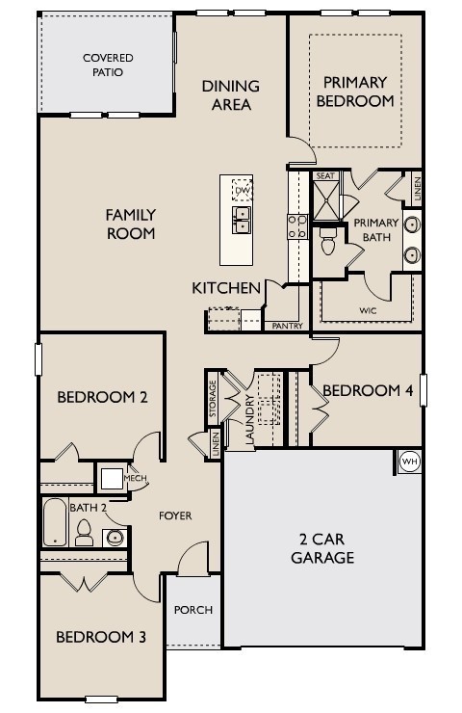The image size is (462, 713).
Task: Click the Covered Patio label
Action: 107,65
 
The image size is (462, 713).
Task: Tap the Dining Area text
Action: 230,94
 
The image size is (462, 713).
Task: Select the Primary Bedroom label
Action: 358,91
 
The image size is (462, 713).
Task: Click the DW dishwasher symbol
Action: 242,192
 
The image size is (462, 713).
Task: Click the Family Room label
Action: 131,224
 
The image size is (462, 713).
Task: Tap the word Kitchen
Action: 226,287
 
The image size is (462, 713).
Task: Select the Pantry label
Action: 288,327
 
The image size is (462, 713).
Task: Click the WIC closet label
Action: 368,310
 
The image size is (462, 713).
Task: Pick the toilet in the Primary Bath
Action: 326,242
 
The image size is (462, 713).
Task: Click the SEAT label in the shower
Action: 325,176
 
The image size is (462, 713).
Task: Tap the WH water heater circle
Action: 409,462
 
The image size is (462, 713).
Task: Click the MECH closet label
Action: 134,477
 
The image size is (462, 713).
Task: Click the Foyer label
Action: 175,516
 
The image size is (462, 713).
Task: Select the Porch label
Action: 193,610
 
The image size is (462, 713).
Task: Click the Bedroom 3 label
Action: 101,636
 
